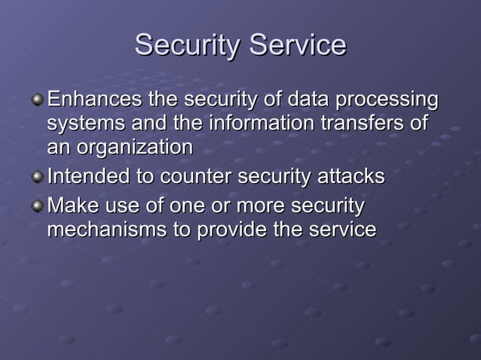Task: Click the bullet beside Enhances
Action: [x=38, y=99]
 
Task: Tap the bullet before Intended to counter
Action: [x=38, y=177]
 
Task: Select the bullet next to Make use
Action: [x=38, y=206]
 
